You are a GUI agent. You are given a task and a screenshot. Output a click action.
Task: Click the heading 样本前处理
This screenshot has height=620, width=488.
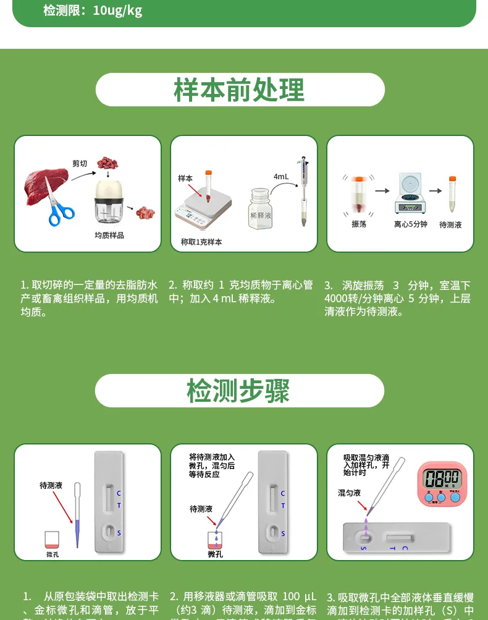coord(239,90)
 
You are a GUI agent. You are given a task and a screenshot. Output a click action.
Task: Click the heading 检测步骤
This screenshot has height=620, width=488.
coord(238,391)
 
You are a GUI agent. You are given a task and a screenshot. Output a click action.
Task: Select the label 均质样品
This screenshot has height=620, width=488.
coord(109,236)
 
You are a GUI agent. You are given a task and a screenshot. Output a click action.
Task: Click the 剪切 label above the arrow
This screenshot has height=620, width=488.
coord(80,163)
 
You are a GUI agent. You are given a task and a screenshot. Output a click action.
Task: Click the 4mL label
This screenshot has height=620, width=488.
coord(280,177)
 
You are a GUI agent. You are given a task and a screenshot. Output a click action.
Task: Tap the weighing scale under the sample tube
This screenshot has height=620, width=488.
coord(203,207)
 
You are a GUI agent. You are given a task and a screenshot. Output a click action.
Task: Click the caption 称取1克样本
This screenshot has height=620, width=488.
coord(201,242)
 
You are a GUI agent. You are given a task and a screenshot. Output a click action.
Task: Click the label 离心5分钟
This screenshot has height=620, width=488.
coord(410,224)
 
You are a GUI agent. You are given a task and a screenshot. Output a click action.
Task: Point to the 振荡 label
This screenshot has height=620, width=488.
coord(358,224)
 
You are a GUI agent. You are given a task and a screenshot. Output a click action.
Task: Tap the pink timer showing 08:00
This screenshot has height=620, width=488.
coord(442,484)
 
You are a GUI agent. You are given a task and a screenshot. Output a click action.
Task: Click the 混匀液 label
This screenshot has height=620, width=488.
coord(349,493)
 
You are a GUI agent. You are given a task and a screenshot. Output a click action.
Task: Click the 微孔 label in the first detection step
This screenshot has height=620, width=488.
coord(53,554)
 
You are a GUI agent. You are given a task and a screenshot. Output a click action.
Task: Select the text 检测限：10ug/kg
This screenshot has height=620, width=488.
coord(93,11)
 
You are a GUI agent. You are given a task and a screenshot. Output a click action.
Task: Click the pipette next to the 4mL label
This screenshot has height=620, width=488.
coord(303,192)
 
